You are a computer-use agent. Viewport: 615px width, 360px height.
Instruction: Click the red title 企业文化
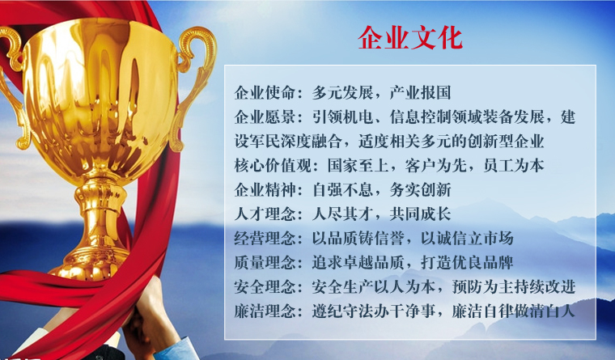click(410, 38)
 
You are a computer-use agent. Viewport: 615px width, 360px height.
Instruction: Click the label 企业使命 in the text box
click(265, 93)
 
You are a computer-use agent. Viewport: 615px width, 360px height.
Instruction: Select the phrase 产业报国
click(420, 93)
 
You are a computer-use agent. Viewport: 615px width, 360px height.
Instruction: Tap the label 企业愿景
click(265, 116)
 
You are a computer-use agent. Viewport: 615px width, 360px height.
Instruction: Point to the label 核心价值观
click(273, 166)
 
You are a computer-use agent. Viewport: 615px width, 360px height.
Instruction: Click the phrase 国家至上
click(358, 166)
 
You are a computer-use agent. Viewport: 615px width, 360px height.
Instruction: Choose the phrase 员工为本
click(513, 166)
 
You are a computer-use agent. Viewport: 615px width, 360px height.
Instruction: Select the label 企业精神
click(265, 190)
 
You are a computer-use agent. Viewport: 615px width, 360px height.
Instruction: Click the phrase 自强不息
click(342, 190)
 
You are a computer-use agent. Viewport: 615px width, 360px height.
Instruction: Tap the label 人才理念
click(265, 214)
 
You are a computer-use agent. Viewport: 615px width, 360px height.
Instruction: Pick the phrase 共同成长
click(420, 214)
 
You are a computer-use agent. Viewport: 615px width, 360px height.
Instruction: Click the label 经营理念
click(265, 239)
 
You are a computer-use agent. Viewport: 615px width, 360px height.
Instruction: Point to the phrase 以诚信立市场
click(467, 239)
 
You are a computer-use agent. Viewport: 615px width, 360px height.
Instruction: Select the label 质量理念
click(265, 263)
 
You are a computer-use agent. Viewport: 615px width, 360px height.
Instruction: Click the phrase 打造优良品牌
click(467, 263)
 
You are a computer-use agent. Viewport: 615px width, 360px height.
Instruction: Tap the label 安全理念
click(265, 287)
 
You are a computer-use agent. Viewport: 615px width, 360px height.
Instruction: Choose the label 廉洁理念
click(265, 311)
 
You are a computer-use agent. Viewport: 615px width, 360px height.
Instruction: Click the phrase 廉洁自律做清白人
click(513, 311)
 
